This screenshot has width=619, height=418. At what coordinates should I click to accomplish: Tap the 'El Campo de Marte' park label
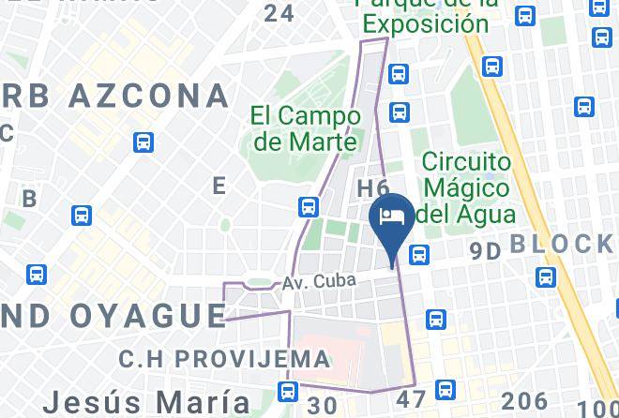point(306,128)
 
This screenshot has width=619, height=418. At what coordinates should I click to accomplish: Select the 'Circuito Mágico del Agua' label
point(468,188)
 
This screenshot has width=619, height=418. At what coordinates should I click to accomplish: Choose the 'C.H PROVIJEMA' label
point(224,358)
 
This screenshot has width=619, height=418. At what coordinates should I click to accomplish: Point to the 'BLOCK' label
point(561,245)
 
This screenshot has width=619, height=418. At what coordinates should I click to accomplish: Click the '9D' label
point(486,250)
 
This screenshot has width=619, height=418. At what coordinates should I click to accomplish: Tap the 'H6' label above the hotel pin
point(373,189)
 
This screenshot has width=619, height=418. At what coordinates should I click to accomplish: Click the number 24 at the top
point(279,13)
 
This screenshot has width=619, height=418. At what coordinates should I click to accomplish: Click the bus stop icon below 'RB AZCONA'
point(143,142)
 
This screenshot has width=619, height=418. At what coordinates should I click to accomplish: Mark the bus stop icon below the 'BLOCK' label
point(546,277)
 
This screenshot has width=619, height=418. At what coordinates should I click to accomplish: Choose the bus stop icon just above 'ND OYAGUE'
point(37,275)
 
